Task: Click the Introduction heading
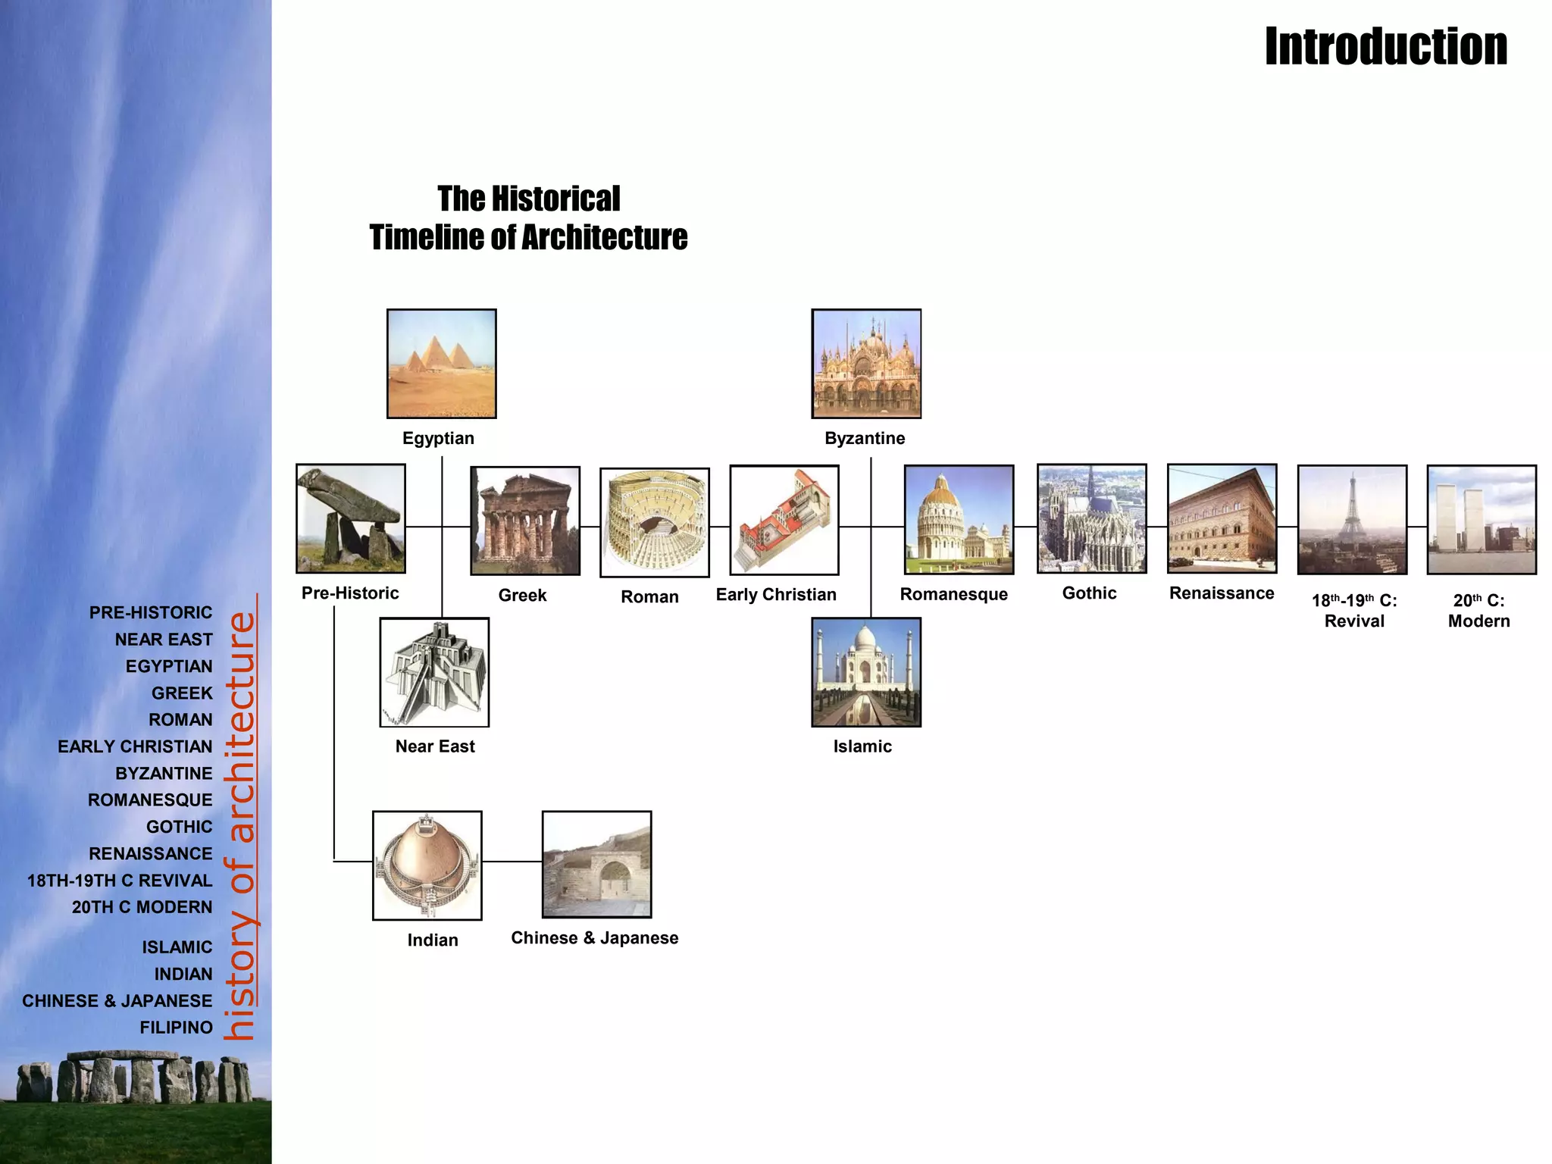tap(1385, 47)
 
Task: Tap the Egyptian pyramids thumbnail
tap(442, 364)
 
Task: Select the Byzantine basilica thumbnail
tap(866, 364)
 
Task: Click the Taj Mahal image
tap(866, 672)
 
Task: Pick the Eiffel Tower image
tap(1352, 520)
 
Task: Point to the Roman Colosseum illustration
tap(655, 522)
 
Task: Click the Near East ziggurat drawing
tap(434, 672)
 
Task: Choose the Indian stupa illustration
tap(427, 865)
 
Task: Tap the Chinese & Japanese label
tap(595, 938)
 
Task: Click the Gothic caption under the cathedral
tap(1089, 593)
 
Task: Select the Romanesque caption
tap(953, 595)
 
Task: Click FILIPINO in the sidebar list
tap(176, 1028)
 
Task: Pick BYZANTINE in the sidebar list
tap(164, 774)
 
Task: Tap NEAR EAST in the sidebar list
tap(164, 640)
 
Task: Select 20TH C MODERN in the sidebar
tap(142, 907)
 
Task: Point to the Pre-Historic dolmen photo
tap(351, 518)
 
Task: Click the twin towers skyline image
tap(1482, 520)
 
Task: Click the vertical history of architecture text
tap(242, 826)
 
